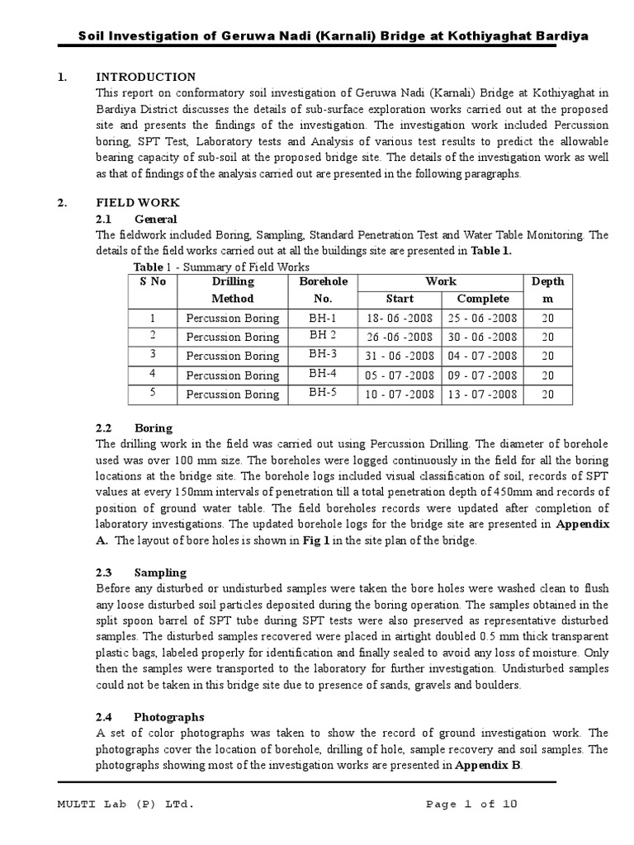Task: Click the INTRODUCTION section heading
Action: [x=145, y=77]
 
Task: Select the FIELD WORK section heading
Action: [x=137, y=203]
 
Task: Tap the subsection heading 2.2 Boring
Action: [x=134, y=428]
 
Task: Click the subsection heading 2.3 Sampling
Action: [x=140, y=573]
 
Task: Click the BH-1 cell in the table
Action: [x=322, y=318]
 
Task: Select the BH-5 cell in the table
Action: [x=322, y=393]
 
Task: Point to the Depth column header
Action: [x=547, y=290]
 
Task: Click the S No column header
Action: [x=153, y=281]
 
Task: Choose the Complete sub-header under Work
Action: [x=484, y=299]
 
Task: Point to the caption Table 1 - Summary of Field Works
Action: [x=221, y=267]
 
